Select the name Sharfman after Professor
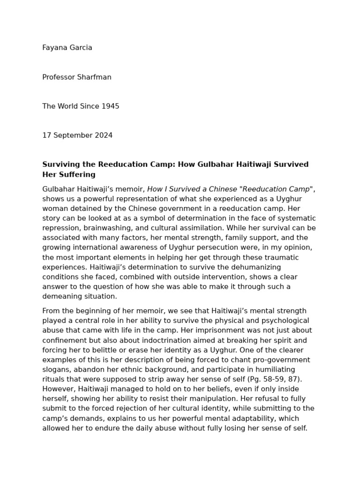click(x=95, y=77)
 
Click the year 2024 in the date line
click(x=103, y=135)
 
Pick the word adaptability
click(x=255, y=419)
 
